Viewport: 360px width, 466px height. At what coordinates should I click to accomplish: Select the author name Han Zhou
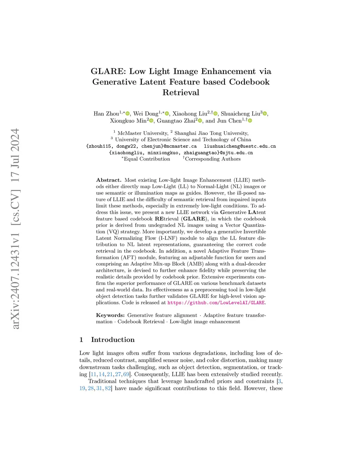(x=106, y=114)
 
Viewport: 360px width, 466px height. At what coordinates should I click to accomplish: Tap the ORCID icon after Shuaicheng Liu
(x=265, y=114)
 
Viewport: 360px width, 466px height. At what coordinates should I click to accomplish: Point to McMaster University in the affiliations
(x=143, y=133)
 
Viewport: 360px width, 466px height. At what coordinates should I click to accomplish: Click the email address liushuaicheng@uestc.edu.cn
(x=240, y=146)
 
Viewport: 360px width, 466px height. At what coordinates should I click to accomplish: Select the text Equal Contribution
(x=147, y=159)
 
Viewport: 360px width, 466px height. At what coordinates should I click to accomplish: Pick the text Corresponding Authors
(x=213, y=159)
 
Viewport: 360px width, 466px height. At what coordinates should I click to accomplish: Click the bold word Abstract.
(x=109, y=180)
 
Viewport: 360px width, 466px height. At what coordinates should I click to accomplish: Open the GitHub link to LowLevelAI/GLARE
(x=216, y=302)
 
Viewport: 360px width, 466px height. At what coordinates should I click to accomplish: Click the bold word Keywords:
(x=110, y=315)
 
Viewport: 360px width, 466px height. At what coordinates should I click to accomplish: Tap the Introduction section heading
(x=112, y=340)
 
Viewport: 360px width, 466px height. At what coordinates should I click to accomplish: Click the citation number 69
(x=126, y=374)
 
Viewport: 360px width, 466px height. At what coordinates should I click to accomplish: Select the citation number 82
(x=108, y=388)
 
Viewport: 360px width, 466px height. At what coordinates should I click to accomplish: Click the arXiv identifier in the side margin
(x=16, y=229)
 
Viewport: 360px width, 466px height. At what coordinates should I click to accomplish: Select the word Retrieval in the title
(x=181, y=92)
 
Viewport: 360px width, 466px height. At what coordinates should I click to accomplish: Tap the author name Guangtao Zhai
(x=176, y=121)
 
